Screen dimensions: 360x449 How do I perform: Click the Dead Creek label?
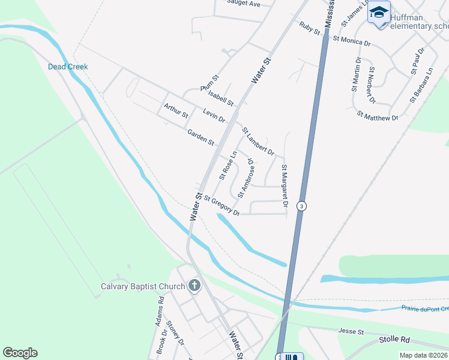(x=68, y=67)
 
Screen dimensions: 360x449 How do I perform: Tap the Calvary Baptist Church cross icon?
(x=194, y=286)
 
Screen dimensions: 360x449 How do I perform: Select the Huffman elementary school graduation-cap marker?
(x=379, y=14)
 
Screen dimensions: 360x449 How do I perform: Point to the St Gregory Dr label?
(x=221, y=205)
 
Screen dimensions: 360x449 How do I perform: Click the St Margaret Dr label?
(x=285, y=187)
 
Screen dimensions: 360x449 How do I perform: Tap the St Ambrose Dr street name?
(x=247, y=178)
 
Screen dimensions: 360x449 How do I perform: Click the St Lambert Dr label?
(x=258, y=142)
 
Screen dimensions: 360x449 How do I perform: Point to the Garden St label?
(x=200, y=137)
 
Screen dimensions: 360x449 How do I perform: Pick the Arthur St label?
(x=176, y=110)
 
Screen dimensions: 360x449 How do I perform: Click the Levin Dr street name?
(x=214, y=115)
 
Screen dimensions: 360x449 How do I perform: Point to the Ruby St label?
(x=309, y=28)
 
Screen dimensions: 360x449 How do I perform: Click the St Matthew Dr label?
(x=378, y=115)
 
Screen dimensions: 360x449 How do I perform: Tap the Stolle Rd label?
(x=394, y=340)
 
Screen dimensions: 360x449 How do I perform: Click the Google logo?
(x=20, y=353)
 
